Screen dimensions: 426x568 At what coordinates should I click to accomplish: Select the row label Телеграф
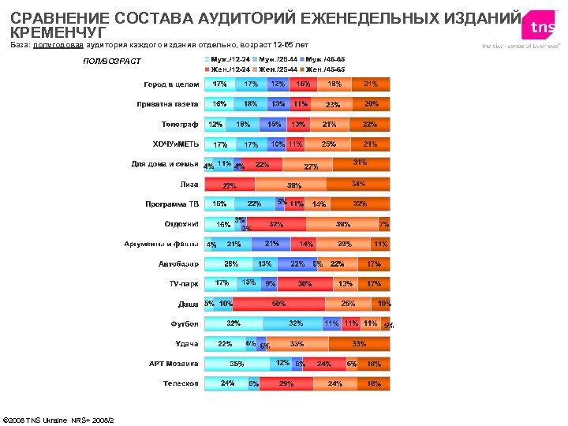180,124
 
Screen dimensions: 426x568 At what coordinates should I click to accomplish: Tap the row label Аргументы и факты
161,244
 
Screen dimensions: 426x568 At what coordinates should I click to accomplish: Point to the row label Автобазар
178,263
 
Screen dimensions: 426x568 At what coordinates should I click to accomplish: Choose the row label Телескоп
181,383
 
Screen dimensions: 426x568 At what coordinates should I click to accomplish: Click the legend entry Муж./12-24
230,59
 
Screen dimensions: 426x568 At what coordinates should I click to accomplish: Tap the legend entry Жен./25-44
277,69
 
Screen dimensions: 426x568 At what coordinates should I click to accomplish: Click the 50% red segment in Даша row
278,304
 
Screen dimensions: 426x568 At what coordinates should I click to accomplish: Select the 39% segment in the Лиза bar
293,185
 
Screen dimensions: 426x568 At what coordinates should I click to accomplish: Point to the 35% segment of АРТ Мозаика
237,364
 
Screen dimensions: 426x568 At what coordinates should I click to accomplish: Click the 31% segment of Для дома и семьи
360,164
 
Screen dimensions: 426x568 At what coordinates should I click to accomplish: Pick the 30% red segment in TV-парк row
304,284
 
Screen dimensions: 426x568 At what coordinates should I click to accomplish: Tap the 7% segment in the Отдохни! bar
384,224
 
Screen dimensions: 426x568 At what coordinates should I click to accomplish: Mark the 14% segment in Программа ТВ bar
319,204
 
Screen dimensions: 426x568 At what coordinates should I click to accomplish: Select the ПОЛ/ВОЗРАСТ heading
111,62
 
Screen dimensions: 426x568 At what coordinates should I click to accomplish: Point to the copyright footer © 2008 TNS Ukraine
58,419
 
